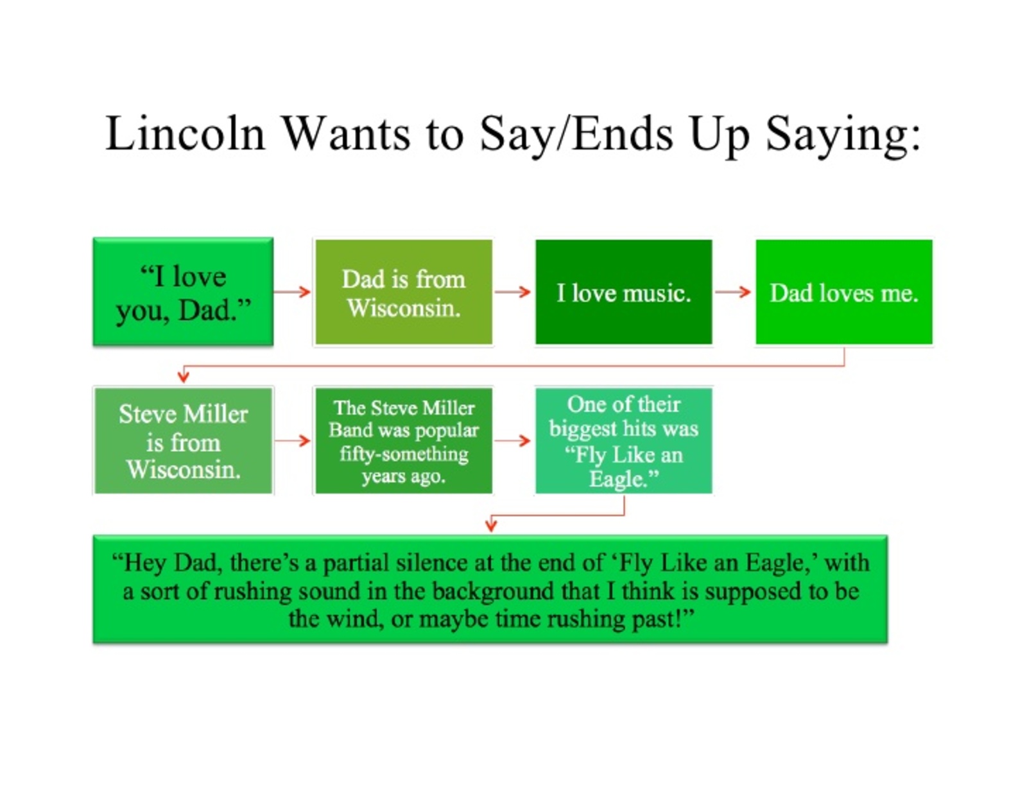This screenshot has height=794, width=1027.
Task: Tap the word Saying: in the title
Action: (843, 135)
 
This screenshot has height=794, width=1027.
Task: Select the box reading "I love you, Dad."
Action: (183, 291)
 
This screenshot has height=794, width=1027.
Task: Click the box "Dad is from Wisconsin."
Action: (404, 292)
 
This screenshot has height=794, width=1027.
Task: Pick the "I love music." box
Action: (623, 292)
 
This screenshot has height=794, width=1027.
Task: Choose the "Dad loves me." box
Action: (843, 292)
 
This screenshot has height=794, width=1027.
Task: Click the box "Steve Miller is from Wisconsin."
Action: (184, 440)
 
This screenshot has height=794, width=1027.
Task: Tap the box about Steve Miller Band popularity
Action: (404, 440)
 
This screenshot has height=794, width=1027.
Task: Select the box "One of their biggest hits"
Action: (623, 440)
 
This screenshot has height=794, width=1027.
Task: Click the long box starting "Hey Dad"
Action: (490, 589)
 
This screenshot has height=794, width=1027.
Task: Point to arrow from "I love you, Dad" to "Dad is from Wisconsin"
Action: (292, 292)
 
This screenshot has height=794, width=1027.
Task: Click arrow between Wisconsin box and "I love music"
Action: (512, 292)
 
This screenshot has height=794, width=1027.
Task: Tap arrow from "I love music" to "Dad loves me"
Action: (732, 292)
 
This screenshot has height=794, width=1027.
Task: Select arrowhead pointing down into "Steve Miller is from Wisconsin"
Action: (184, 377)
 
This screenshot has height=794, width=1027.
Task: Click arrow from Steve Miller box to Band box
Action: (292, 441)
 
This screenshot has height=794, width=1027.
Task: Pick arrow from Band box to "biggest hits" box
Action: (512, 441)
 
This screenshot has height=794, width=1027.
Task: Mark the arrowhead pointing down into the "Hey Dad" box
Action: (491, 524)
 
